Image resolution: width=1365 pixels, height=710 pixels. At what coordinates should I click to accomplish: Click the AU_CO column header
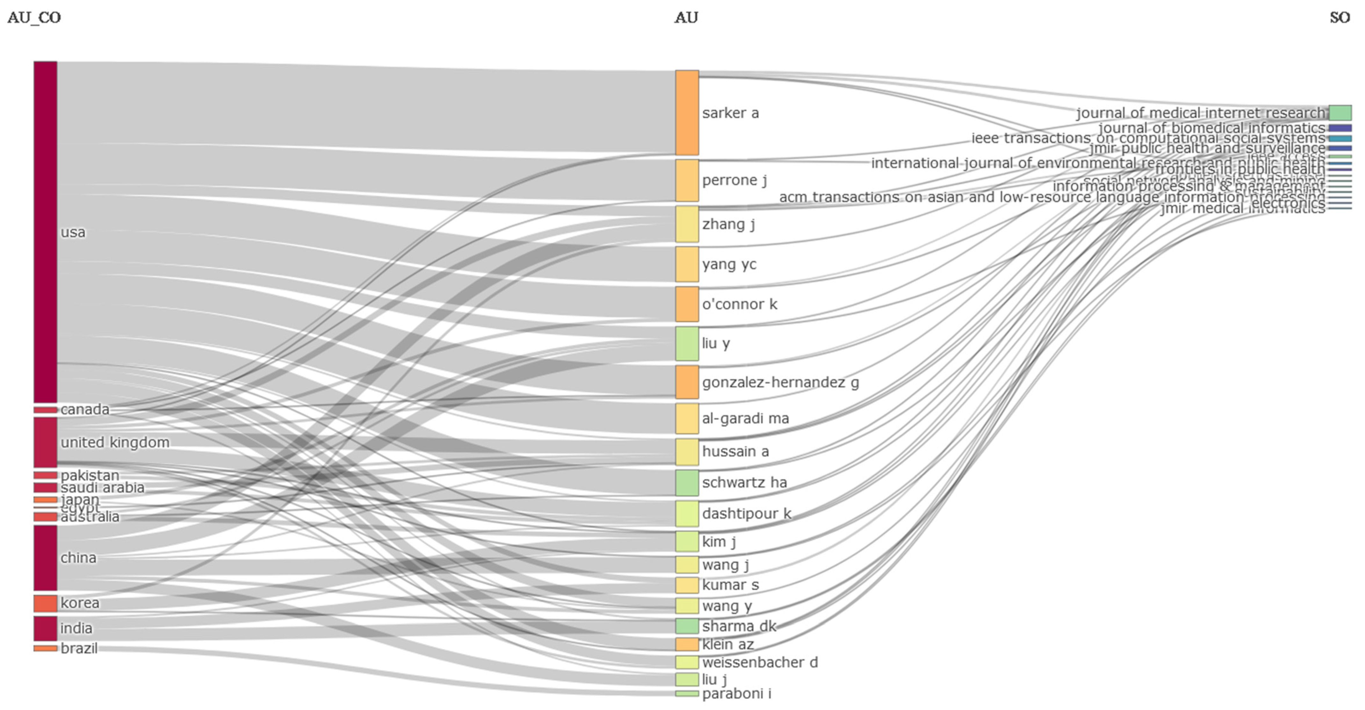[x=34, y=18]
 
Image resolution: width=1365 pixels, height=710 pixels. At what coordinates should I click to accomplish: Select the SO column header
[x=1340, y=18]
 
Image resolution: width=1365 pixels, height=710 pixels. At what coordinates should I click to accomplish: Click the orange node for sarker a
[x=687, y=113]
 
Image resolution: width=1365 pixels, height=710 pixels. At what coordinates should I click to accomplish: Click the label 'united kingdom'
[x=115, y=443]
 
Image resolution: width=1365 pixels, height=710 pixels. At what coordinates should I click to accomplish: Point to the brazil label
[x=79, y=649]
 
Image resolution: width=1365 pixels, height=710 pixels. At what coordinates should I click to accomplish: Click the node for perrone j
[x=687, y=181]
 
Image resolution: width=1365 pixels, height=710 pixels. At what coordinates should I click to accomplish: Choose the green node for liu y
[x=687, y=344]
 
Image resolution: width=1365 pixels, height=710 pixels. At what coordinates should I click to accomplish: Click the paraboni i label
[x=737, y=693]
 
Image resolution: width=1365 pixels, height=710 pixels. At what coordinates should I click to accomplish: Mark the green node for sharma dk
[x=687, y=626]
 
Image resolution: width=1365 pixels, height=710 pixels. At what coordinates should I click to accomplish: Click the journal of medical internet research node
[x=1340, y=113]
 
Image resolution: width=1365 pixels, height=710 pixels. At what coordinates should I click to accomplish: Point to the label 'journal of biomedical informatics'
[x=1211, y=128]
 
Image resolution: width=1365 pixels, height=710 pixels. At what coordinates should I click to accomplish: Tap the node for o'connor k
[x=687, y=304]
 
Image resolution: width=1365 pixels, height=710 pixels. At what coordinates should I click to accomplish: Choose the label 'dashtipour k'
[x=747, y=514]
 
